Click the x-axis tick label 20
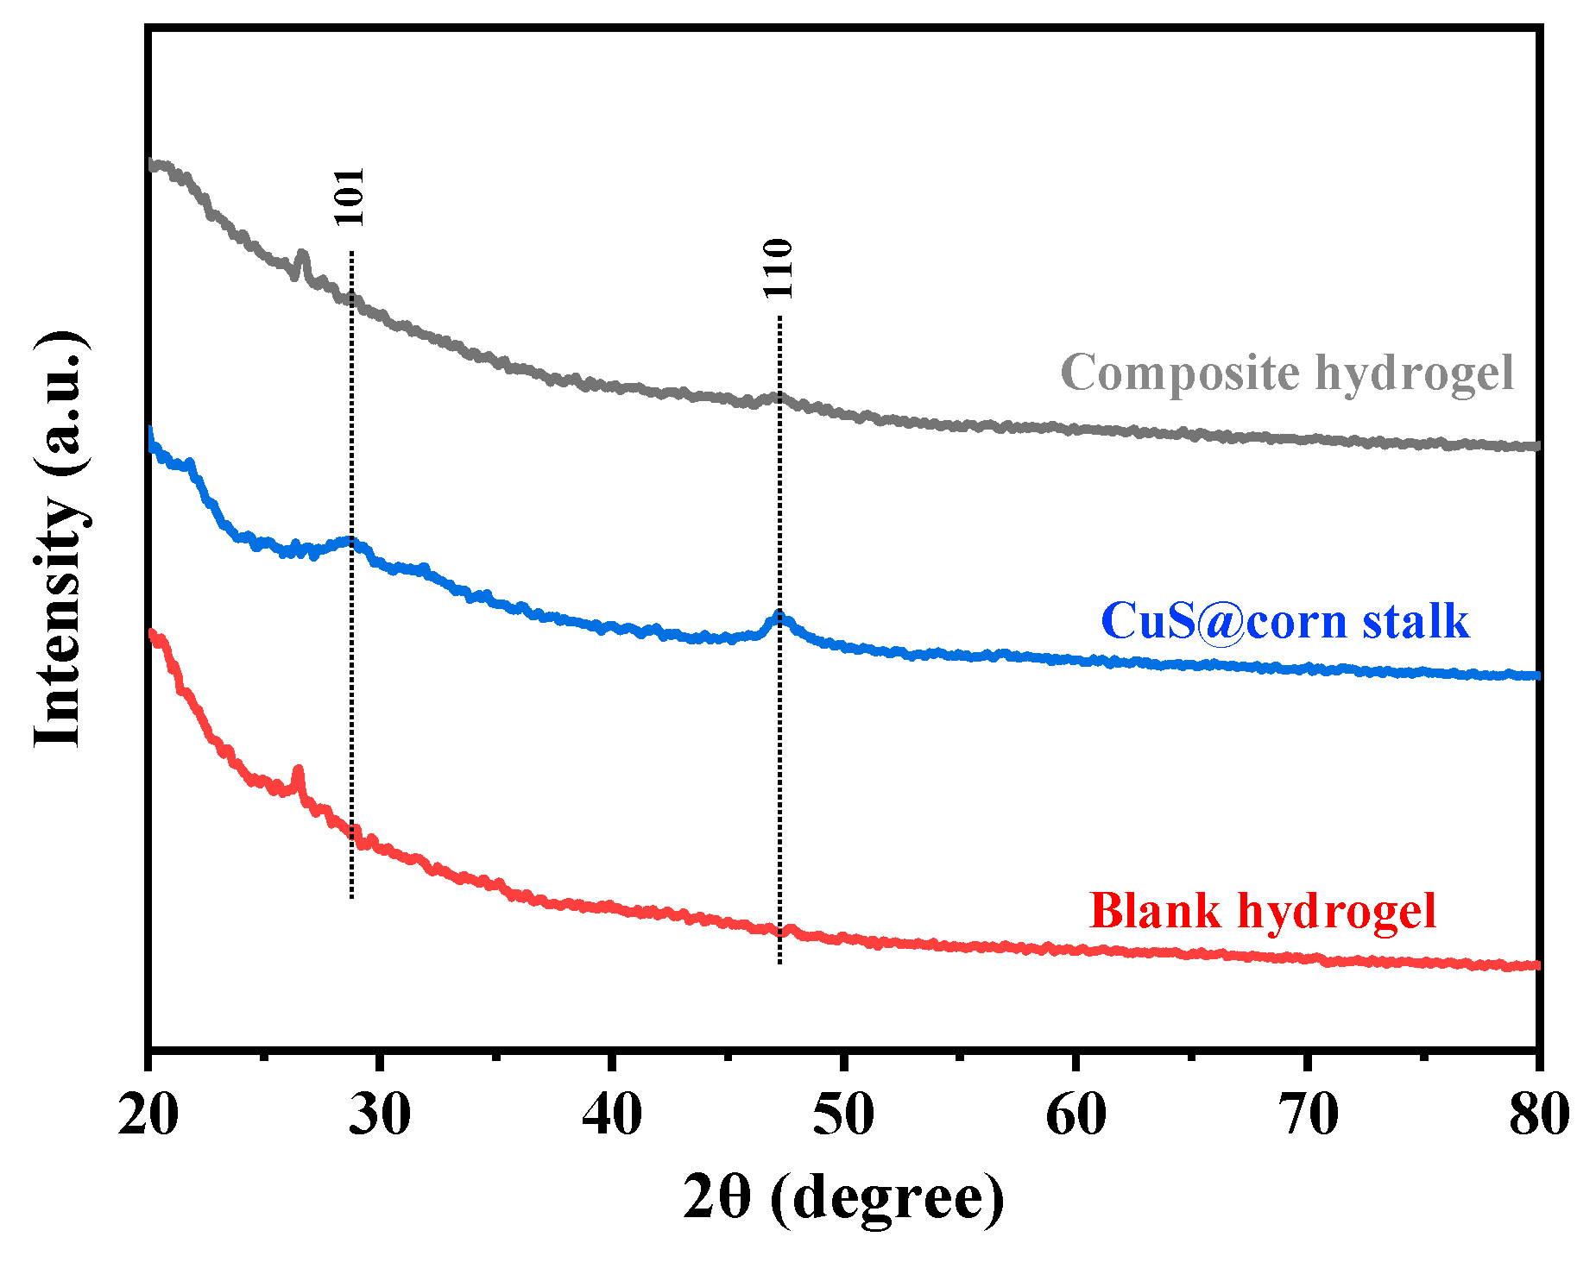(148, 1114)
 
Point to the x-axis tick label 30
(380, 1114)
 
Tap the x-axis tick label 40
(612, 1114)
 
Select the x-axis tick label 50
(843, 1114)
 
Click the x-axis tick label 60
(1076, 1114)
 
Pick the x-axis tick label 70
(1308, 1114)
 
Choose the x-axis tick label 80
(1538, 1114)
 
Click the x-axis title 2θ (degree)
(843, 1197)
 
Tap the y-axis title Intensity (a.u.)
(60, 538)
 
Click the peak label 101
(350, 197)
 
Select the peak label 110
(778, 268)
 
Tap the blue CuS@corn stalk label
(1284, 621)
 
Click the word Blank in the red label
(1155, 910)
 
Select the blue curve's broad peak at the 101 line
(350, 542)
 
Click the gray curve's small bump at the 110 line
(779, 397)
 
